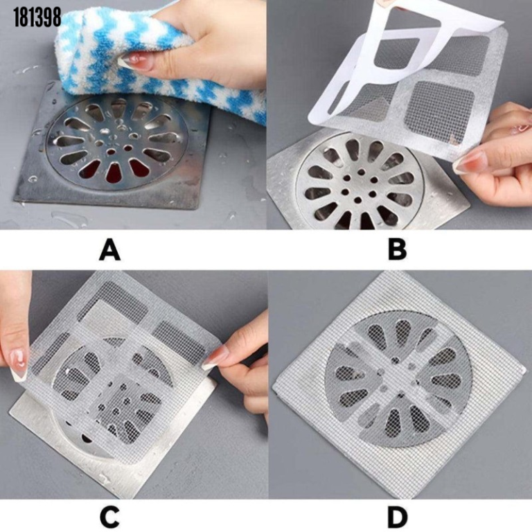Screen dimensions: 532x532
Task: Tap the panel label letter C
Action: coord(109,516)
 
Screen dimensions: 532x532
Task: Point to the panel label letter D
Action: coord(396,516)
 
